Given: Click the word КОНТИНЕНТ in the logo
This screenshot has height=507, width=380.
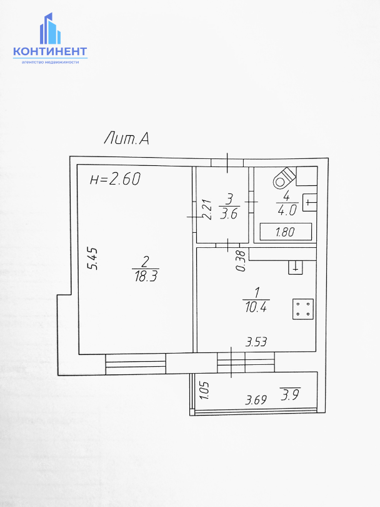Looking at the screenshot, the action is [x=50, y=52].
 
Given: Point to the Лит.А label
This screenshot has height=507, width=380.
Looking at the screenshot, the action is [x=126, y=138].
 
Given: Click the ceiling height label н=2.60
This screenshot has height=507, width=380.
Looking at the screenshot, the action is [x=115, y=180].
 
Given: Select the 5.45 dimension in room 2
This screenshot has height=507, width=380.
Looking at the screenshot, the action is [x=92, y=260].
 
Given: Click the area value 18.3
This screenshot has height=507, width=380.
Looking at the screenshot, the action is [x=145, y=277].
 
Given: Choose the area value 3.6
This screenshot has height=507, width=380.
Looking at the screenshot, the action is [x=229, y=213].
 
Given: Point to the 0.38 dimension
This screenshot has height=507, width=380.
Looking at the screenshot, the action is [x=240, y=261].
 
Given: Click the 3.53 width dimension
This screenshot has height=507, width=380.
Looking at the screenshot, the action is [x=256, y=342].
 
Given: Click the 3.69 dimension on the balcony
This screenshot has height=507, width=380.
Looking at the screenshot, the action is [x=256, y=399].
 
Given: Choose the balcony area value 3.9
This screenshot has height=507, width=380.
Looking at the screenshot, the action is [x=290, y=396].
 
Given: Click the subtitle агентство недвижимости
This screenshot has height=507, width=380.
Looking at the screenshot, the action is [x=50, y=62].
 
